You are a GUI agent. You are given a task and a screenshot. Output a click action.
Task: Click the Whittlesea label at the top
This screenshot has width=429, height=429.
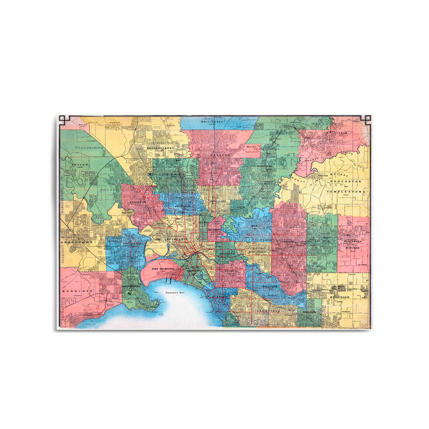[212, 122]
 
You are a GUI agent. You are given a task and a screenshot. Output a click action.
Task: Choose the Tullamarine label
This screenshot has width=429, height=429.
[89, 147]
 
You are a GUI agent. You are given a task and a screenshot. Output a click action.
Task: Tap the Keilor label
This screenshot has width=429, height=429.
[80, 165]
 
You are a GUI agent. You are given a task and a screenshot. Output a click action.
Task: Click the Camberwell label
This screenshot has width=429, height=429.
[289, 242]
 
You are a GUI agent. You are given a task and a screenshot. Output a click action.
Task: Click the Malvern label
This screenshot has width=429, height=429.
[270, 286]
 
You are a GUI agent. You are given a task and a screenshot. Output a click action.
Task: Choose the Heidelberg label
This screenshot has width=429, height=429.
[264, 167]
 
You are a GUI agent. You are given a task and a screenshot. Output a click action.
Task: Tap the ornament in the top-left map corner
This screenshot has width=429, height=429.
[63, 119]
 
